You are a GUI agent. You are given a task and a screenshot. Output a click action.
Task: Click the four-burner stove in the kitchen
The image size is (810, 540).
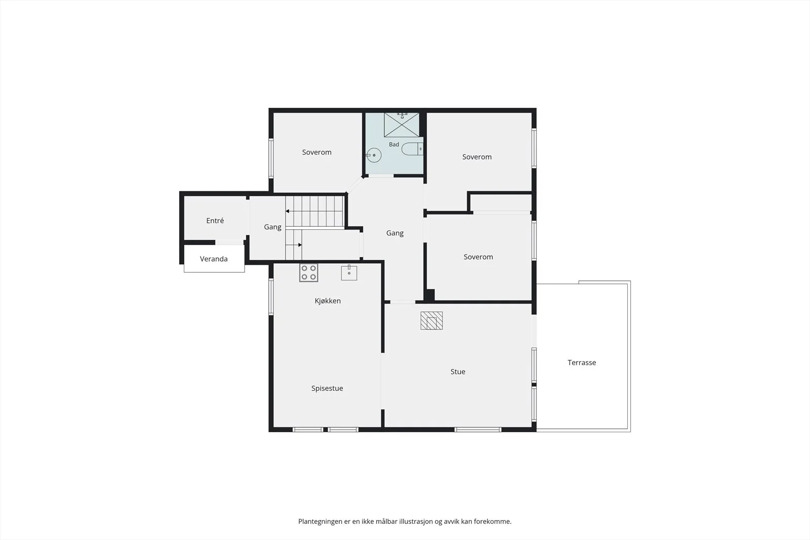(308, 272)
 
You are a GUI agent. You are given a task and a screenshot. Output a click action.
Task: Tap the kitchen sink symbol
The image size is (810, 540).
(349, 272)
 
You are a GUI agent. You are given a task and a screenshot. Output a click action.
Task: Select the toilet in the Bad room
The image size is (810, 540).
(412, 149)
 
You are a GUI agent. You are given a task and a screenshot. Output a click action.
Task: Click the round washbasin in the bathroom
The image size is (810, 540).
(374, 155)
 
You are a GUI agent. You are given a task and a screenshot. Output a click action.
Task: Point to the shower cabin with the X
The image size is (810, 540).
(401, 125)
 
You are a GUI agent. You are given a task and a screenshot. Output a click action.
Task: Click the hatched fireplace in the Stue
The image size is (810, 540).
(431, 320)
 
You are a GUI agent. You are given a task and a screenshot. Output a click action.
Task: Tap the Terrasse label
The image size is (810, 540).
(582, 362)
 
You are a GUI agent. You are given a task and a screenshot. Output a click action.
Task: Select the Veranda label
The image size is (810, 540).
(214, 259)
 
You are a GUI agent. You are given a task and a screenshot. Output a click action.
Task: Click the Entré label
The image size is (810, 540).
(215, 221)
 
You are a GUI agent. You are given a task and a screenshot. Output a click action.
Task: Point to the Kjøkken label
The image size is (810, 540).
(328, 301)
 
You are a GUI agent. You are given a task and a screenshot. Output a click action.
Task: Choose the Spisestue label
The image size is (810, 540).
(327, 388)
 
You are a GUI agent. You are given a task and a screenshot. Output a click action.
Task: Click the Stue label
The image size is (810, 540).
(458, 371)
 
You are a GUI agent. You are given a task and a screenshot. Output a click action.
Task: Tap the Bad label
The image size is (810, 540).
(394, 144)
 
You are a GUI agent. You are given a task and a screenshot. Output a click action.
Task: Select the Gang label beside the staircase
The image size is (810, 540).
(273, 227)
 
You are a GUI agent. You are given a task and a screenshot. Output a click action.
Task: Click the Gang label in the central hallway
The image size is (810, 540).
(395, 233)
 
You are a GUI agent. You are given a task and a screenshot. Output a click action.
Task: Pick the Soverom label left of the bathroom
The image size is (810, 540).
(317, 152)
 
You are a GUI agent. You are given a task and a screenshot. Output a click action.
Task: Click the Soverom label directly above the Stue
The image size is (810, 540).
(478, 257)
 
